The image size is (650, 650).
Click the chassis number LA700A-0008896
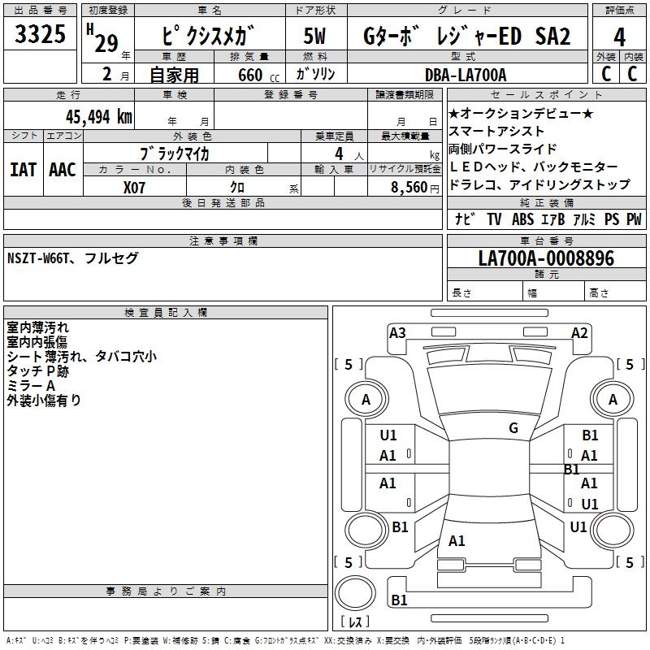click(546, 258)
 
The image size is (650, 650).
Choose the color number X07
click(134, 188)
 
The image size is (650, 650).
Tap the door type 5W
click(316, 37)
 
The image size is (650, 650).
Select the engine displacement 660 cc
click(250, 76)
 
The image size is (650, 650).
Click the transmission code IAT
click(23, 169)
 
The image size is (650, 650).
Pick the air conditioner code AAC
click(63, 169)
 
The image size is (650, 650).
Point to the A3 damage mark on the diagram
click(397, 332)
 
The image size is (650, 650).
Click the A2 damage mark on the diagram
click(579, 332)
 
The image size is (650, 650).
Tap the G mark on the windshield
click(513, 428)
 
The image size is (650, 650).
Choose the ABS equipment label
click(522, 219)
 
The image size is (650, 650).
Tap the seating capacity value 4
click(337, 153)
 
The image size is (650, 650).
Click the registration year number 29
click(106, 43)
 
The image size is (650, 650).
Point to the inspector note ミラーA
click(31, 385)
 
